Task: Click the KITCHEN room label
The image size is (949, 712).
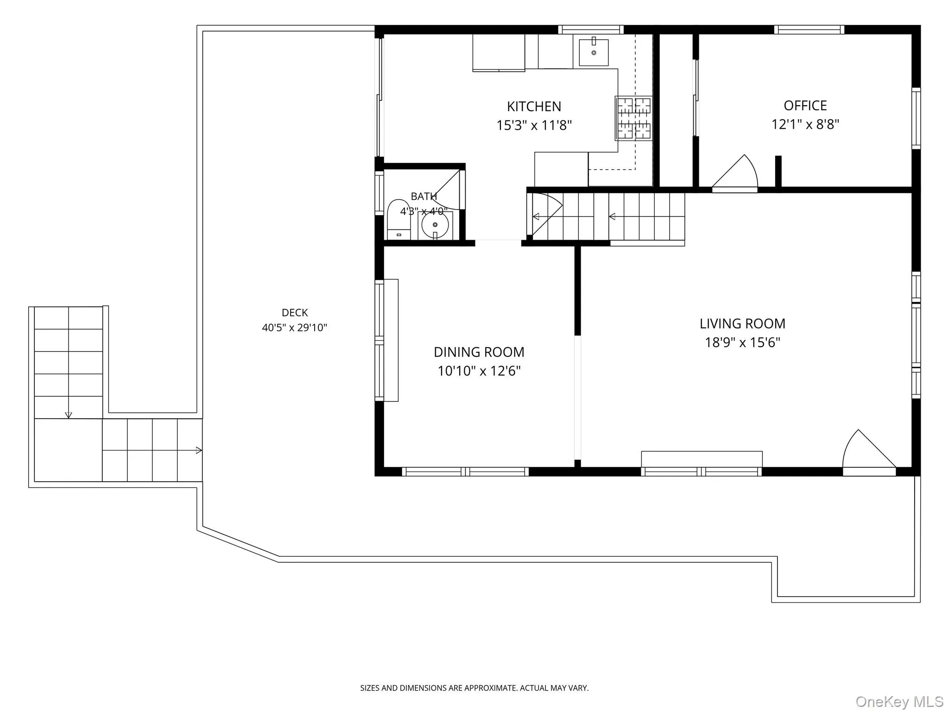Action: [x=534, y=107]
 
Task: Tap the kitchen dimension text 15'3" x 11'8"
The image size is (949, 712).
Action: [x=534, y=125]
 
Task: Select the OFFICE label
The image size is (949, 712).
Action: [x=805, y=106]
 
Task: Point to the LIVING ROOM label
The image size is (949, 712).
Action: [x=742, y=324]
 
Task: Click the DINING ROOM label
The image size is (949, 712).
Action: [x=479, y=352]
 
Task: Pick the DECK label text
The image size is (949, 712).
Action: [x=295, y=313]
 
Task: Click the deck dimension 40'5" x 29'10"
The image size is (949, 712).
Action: [x=295, y=328]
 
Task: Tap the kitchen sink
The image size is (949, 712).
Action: [x=594, y=52]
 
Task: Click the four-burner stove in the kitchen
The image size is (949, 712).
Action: [x=633, y=118]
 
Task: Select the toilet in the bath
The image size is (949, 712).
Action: [x=399, y=220]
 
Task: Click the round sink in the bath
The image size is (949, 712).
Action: [x=435, y=225]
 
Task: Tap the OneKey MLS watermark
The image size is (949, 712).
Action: [x=899, y=701]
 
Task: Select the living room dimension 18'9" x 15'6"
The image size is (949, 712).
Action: [x=743, y=343]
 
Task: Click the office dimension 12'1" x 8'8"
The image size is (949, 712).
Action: [x=805, y=124]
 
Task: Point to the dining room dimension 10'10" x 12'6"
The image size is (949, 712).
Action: [x=479, y=371]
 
